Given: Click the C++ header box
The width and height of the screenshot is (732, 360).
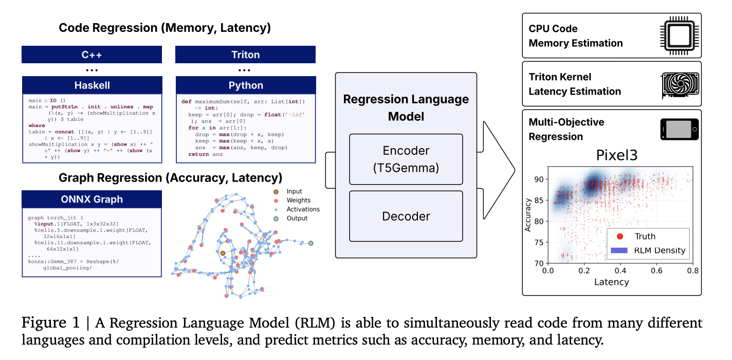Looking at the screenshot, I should (91, 55).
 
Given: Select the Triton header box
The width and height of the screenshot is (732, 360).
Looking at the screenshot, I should (245, 55).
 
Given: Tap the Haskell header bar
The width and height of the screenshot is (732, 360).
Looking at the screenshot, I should (91, 85).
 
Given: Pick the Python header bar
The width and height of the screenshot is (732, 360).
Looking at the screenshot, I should (245, 85).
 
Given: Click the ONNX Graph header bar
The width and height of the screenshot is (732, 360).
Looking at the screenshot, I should (91, 199).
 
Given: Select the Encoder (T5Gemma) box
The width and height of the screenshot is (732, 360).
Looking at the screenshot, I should (406, 159).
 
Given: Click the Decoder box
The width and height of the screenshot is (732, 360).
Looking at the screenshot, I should (406, 217).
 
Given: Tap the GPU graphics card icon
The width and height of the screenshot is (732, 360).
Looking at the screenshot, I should (679, 84).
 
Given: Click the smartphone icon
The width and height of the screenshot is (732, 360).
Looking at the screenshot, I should (679, 130).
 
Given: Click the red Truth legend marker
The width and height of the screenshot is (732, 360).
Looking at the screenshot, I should (619, 236).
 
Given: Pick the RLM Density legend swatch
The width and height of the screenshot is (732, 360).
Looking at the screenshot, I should (620, 250).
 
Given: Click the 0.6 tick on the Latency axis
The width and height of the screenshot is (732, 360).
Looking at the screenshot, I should (656, 271).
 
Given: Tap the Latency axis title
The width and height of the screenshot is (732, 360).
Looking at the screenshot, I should (611, 282).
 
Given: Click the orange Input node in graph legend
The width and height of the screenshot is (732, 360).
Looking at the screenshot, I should (276, 191).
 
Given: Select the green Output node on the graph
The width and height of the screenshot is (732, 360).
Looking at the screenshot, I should (310, 243).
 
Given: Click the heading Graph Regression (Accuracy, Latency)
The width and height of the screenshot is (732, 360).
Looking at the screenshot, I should (170, 178).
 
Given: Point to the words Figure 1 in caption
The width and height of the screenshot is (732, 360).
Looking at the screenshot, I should (50, 323).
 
